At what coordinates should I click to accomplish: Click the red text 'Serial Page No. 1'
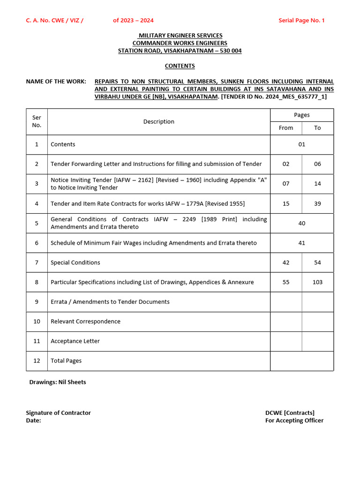click(x=301, y=20)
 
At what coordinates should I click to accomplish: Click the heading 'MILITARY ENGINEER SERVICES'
click(x=180, y=36)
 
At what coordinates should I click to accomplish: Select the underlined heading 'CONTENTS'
click(x=180, y=66)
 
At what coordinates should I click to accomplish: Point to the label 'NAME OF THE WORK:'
click(x=56, y=82)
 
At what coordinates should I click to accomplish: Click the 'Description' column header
click(x=158, y=122)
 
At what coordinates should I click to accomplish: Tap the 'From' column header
click(x=286, y=128)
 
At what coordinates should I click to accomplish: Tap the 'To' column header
click(x=317, y=128)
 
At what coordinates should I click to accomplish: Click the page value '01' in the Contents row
click(x=301, y=144)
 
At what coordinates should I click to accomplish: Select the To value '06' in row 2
click(x=317, y=164)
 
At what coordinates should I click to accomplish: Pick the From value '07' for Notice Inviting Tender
click(x=286, y=184)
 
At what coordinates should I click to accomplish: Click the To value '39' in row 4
click(x=317, y=203)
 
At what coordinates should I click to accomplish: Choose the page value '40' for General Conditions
click(x=301, y=223)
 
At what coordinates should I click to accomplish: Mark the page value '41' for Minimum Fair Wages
click(x=301, y=243)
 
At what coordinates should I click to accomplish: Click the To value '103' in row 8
click(x=317, y=282)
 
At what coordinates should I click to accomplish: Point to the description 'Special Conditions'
click(x=75, y=262)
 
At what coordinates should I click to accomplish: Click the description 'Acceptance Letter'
click(x=75, y=341)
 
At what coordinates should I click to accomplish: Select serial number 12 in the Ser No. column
click(x=37, y=361)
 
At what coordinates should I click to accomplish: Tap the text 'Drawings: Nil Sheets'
click(x=58, y=382)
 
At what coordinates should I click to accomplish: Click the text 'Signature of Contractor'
click(x=58, y=413)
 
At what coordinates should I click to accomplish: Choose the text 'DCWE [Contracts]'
click(x=290, y=413)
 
